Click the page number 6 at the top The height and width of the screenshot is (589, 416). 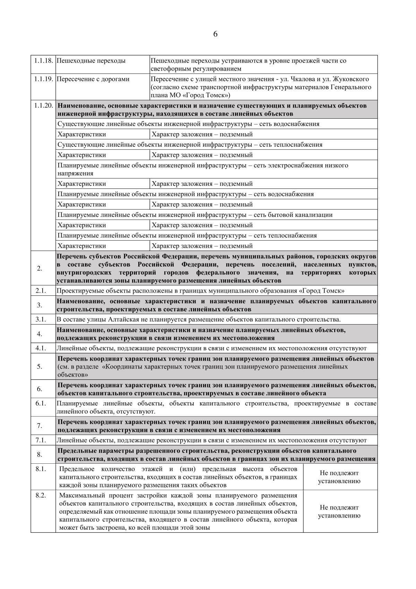[x=215, y=34]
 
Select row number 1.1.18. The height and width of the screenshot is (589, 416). [x=43, y=61]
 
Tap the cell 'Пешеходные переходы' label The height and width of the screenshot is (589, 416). [x=91, y=61]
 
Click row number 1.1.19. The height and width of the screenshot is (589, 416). [x=43, y=79]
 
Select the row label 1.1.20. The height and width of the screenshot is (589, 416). [x=43, y=106]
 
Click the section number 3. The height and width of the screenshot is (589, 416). [x=40, y=305]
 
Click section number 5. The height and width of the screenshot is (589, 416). [x=40, y=367]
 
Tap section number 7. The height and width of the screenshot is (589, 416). [x=40, y=426]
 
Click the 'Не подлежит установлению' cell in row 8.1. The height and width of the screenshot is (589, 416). [x=339, y=477]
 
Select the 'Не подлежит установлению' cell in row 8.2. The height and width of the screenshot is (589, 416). [x=339, y=511]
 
